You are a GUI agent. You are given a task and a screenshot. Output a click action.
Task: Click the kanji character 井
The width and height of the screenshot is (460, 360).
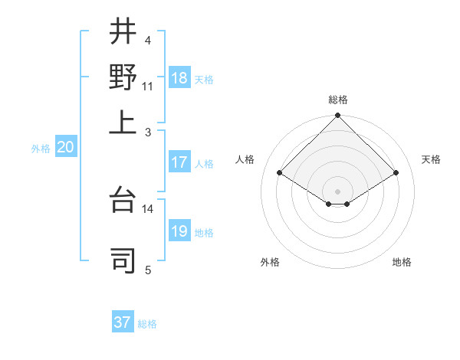(123, 32)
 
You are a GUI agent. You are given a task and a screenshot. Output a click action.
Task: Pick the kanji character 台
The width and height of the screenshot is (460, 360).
(123, 201)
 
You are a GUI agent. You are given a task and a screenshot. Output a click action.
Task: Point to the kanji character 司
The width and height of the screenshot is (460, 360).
(123, 260)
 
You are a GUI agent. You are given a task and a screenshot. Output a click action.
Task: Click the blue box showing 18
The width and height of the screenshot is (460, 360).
(179, 78)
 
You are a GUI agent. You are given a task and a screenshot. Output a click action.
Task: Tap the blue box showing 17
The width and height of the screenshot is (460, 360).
(179, 162)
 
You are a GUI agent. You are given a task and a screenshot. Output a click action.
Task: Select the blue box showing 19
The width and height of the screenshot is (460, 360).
(179, 231)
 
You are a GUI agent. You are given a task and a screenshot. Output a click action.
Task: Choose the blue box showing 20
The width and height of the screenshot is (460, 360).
(65, 148)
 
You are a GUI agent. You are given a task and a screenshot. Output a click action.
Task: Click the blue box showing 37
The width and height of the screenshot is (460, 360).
(123, 322)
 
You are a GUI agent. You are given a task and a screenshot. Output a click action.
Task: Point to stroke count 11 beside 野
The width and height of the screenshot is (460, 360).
(148, 86)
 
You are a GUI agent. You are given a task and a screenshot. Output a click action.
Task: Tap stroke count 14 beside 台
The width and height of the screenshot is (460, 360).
(148, 208)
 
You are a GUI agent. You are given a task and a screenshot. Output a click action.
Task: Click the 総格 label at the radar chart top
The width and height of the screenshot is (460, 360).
(338, 100)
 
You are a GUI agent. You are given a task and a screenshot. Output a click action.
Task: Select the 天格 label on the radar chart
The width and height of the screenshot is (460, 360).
(432, 159)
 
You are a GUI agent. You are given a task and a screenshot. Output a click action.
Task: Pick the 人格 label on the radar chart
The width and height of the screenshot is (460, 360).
(245, 159)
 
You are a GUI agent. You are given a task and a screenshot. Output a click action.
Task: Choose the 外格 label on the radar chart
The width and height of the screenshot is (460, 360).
(270, 262)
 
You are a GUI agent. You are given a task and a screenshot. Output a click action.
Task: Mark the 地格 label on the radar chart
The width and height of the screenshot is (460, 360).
(402, 262)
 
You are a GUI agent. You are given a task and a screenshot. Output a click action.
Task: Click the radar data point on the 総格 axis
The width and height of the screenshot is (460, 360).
(338, 116)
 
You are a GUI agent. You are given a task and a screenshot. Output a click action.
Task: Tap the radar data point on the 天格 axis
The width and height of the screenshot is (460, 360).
(396, 173)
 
